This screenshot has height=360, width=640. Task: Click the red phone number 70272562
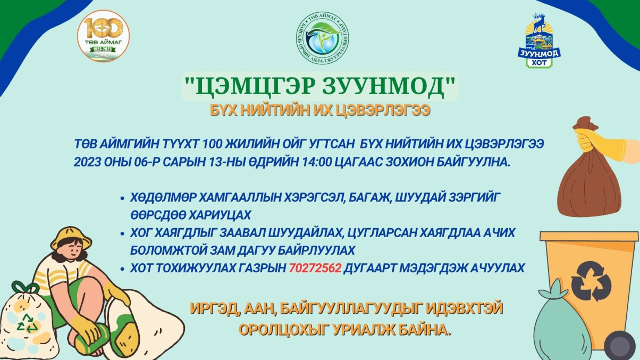click(x=315, y=268)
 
